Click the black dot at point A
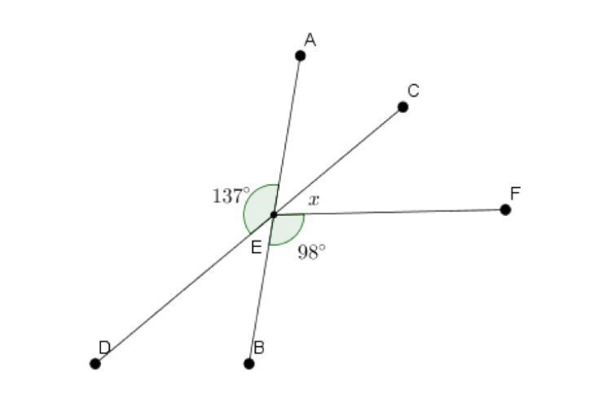(301, 55)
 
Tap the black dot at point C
(403, 107)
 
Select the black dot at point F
(505, 209)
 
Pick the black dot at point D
(95, 363)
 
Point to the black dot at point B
(249, 363)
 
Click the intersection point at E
(274, 214)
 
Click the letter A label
(310, 40)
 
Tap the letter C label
(413, 90)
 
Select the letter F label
(515, 193)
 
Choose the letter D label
(104, 348)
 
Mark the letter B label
(259, 348)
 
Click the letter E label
(256, 247)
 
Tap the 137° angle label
(231, 195)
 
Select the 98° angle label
(312, 252)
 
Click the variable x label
(314, 200)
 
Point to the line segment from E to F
(390, 212)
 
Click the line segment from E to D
(185, 289)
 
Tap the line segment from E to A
(287, 135)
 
